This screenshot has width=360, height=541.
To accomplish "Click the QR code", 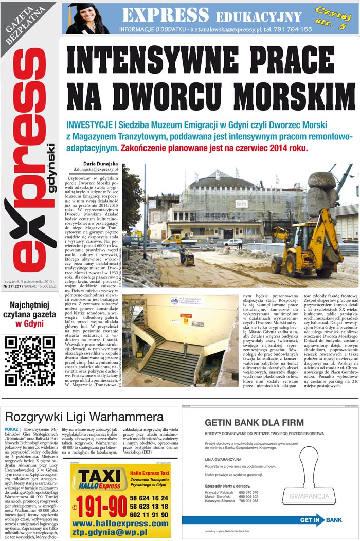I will (29, 360).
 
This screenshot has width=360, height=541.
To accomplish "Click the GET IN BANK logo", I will (320, 520).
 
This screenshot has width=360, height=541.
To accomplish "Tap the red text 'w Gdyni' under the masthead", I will (29, 324).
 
